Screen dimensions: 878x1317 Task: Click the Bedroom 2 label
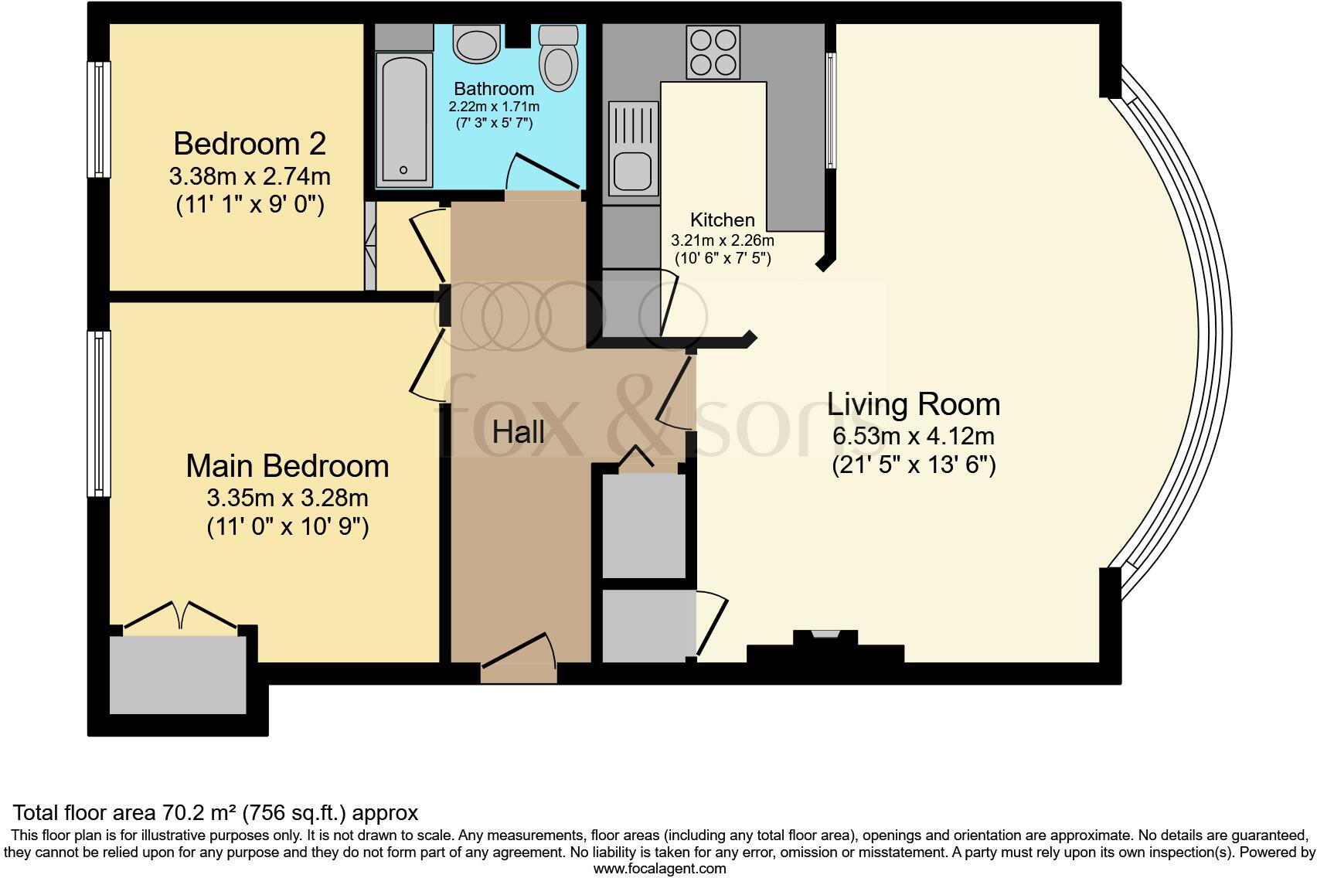click(x=250, y=144)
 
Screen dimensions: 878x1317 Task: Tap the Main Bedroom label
click(x=288, y=466)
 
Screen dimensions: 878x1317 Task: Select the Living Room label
click(x=914, y=404)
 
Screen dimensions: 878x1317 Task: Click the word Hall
click(x=518, y=432)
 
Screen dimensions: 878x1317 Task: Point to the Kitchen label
click(x=722, y=219)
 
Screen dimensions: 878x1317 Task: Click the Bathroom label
click(x=494, y=88)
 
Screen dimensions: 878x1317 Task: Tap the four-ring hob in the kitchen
click(x=712, y=52)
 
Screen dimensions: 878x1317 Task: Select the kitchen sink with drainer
click(x=634, y=148)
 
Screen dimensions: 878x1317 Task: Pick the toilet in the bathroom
click(x=558, y=57)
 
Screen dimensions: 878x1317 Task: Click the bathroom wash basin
click(x=476, y=44)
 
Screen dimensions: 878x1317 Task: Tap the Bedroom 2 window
click(x=99, y=119)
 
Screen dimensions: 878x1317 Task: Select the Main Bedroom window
click(x=99, y=413)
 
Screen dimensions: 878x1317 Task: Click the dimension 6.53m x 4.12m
click(x=913, y=436)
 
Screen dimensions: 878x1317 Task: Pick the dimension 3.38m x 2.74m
click(x=250, y=176)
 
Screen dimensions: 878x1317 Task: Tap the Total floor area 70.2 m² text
click(x=216, y=812)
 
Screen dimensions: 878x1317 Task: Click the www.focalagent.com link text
click(x=659, y=868)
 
